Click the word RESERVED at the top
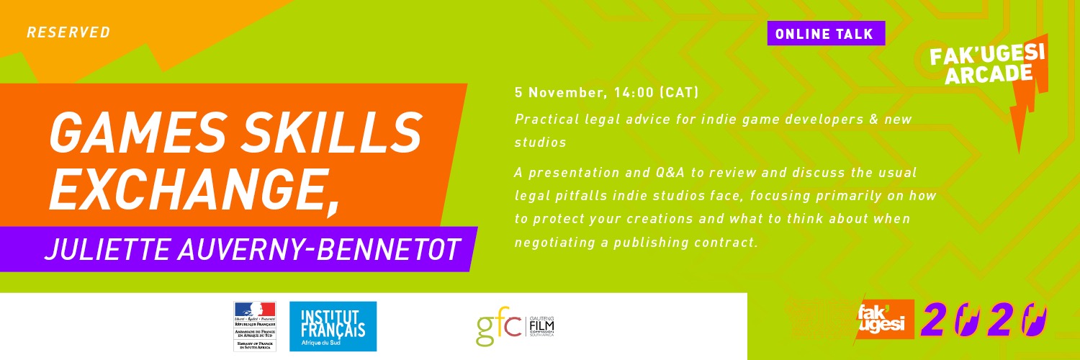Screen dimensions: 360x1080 [69, 32]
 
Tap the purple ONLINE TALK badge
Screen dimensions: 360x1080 [825, 33]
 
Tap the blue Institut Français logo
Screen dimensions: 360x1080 [333, 326]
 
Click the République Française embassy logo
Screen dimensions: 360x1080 [254, 326]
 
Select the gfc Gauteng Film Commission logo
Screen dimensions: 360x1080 [515, 326]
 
